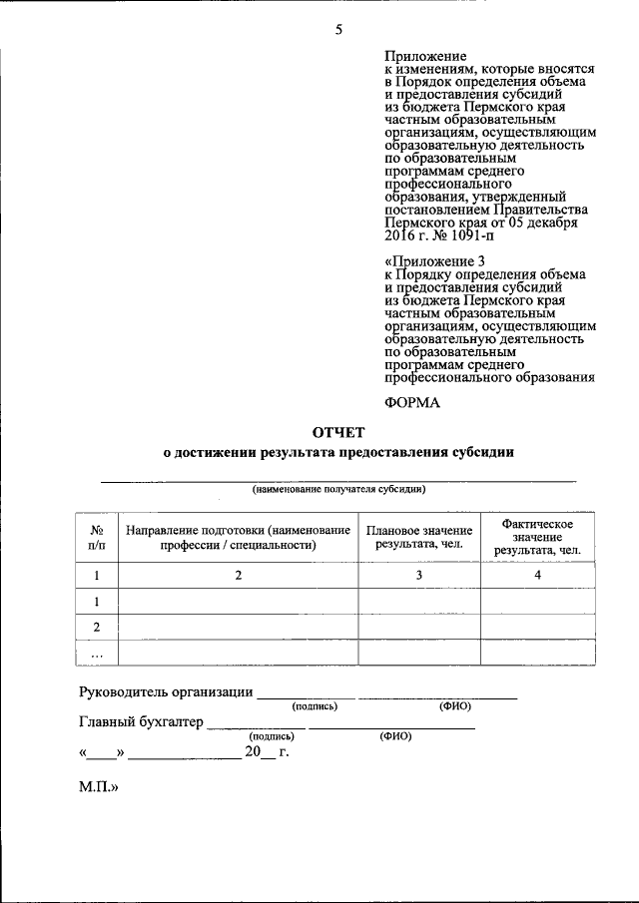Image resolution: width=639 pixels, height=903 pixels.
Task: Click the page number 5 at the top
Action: (x=338, y=30)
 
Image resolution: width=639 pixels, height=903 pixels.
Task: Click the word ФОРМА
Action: (x=412, y=402)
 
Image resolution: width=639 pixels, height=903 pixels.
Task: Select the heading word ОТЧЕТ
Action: (x=338, y=432)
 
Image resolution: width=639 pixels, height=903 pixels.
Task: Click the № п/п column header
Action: (x=97, y=537)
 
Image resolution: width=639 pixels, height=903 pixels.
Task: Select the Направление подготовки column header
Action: (x=238, y=537)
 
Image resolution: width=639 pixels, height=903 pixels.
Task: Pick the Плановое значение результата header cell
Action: (x=419, y=537)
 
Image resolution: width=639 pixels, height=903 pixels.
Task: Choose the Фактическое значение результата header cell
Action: (x=539, y=537)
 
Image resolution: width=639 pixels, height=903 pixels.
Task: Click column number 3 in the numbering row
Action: (x=419, y=576)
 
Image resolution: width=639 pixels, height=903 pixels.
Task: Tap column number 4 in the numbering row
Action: (x=539, y=576)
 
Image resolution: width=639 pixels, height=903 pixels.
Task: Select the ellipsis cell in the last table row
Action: (x=97, y=654)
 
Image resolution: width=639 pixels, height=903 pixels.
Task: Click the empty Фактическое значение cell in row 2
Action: (x=539, y=627)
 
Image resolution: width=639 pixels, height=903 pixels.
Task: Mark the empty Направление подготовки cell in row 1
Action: (x=238, y=602)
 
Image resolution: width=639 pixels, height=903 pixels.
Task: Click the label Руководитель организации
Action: (x=165, y=693)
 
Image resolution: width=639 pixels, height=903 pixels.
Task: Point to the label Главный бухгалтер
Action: (x=141, y=721)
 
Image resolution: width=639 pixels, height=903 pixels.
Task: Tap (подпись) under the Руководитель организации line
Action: (x=315, y=706)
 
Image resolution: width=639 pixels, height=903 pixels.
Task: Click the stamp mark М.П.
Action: (x=99, y=787)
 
